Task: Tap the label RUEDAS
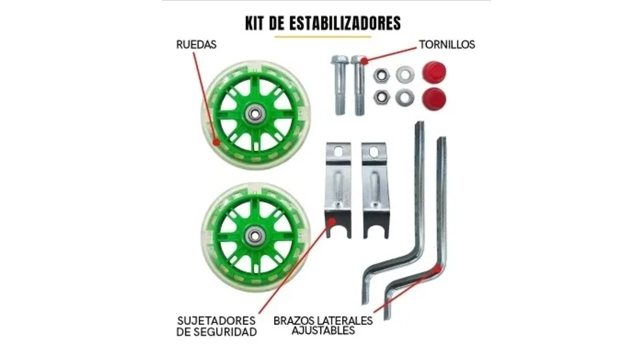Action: pyautogui.click(x=196, y=44)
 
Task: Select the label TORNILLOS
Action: pyautogui.click(x=446, y=44)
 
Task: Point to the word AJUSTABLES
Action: pyautogui.click(x=323, y=330)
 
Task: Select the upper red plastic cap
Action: pyautogui.click(x=433, y=72)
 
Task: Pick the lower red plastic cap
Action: pyautogui.click(x=433, y=98)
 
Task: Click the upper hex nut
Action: pyautogui.click(x=381, y=75)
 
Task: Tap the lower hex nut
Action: pyautogui.click(x=381, y=97)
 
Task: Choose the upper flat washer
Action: pyautogui.click(x=404, y=75)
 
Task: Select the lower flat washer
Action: pyautogui.click(x=404, y=97)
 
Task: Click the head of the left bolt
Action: pyautogui.click(x=339, y=60)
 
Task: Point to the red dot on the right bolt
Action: pyautogui.click(x=364, y=61)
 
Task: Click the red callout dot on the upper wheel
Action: pyautogui.click(x=216, y=142)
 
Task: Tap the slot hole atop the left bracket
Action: pyautogui.click(x=338, y=149)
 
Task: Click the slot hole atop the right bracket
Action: pyautogui.click(x=374, y=150)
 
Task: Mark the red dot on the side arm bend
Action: pyautogui.click(x=438, y=269)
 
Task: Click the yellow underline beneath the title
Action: pyautogui.click(x=322, y=36)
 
